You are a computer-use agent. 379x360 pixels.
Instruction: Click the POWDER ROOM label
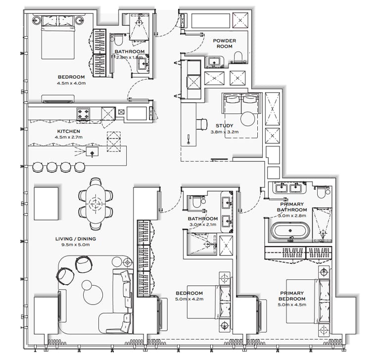click(224, 44)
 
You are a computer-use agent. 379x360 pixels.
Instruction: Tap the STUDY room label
click(224, 126)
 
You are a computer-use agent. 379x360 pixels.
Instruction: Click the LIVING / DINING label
click(76, 239)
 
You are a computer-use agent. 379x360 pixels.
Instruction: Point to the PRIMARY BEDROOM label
click(292, 296)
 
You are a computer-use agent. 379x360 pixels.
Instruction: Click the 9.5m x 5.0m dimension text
click(76, 245)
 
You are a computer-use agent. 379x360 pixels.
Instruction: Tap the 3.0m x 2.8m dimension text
click(292, 216)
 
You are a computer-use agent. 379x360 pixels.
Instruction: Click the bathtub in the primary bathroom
click(290, 230)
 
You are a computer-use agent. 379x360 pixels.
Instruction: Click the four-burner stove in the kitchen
click(83, 114)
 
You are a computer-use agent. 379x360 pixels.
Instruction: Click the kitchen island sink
click(92, 152)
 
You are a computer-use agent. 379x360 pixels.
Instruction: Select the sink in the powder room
click(215, 61)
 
